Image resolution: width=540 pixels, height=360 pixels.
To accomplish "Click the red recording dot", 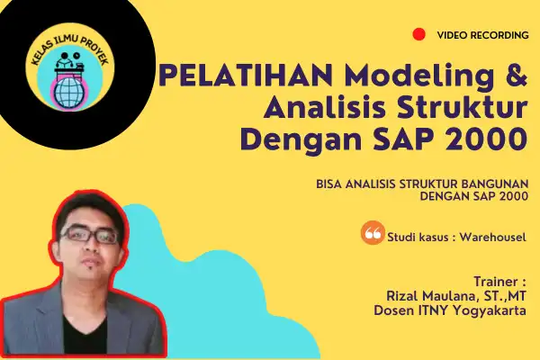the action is pyautogui.click(x=418, y=34).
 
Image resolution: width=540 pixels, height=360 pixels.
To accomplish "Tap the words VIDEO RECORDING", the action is pyautogui.click(x=482, y=35).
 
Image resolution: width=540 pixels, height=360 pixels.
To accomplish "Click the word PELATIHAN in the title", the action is pyautogui.click(x=245, y=75).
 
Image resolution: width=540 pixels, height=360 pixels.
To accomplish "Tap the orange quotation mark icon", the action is pyautogui.click(x=373, y=233).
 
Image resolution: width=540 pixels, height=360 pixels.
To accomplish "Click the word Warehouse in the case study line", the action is pyautogui.click(x=491, y=237).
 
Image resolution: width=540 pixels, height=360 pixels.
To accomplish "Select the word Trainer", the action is pyautogui.click(x=496, y=282).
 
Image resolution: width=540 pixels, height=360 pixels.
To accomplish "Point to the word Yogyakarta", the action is pyautogui.click(x=489, y=310).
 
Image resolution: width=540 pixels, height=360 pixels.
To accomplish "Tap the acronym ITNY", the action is pyautogui.click(x=433, y=310).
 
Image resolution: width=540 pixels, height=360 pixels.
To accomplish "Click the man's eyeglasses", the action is pyautogui.click(x=90, y=235).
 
